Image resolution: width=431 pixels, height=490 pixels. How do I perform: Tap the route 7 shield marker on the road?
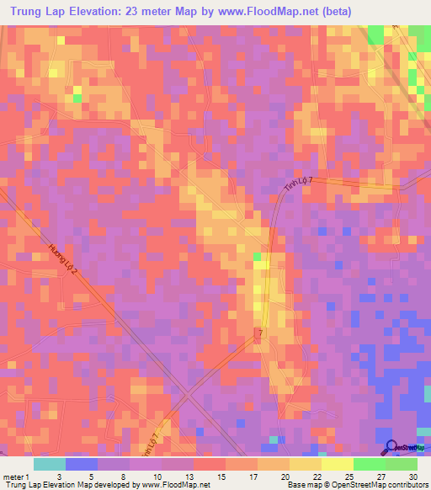coord(260,334)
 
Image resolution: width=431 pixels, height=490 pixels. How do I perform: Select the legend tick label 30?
coord(412,476)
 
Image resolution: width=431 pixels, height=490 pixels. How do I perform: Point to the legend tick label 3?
coord(58,476)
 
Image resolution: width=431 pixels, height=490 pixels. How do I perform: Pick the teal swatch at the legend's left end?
coord(50,463)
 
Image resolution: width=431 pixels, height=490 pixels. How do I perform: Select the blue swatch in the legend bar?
coord(82,463)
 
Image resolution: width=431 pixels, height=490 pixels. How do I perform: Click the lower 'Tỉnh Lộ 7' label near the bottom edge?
coord(150,441)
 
